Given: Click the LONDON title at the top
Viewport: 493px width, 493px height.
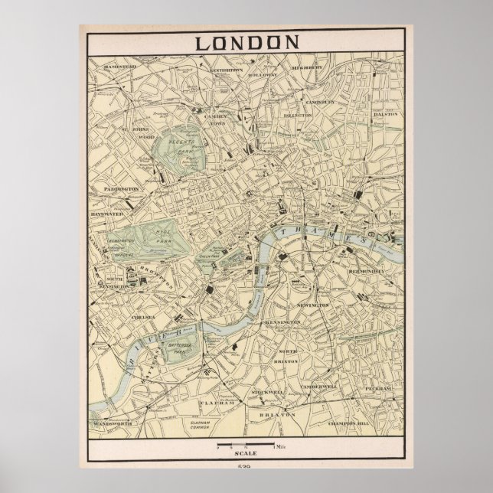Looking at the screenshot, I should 246,41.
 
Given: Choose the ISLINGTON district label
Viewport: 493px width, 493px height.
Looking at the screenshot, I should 297,115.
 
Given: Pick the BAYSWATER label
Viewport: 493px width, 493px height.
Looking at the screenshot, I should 106,216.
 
